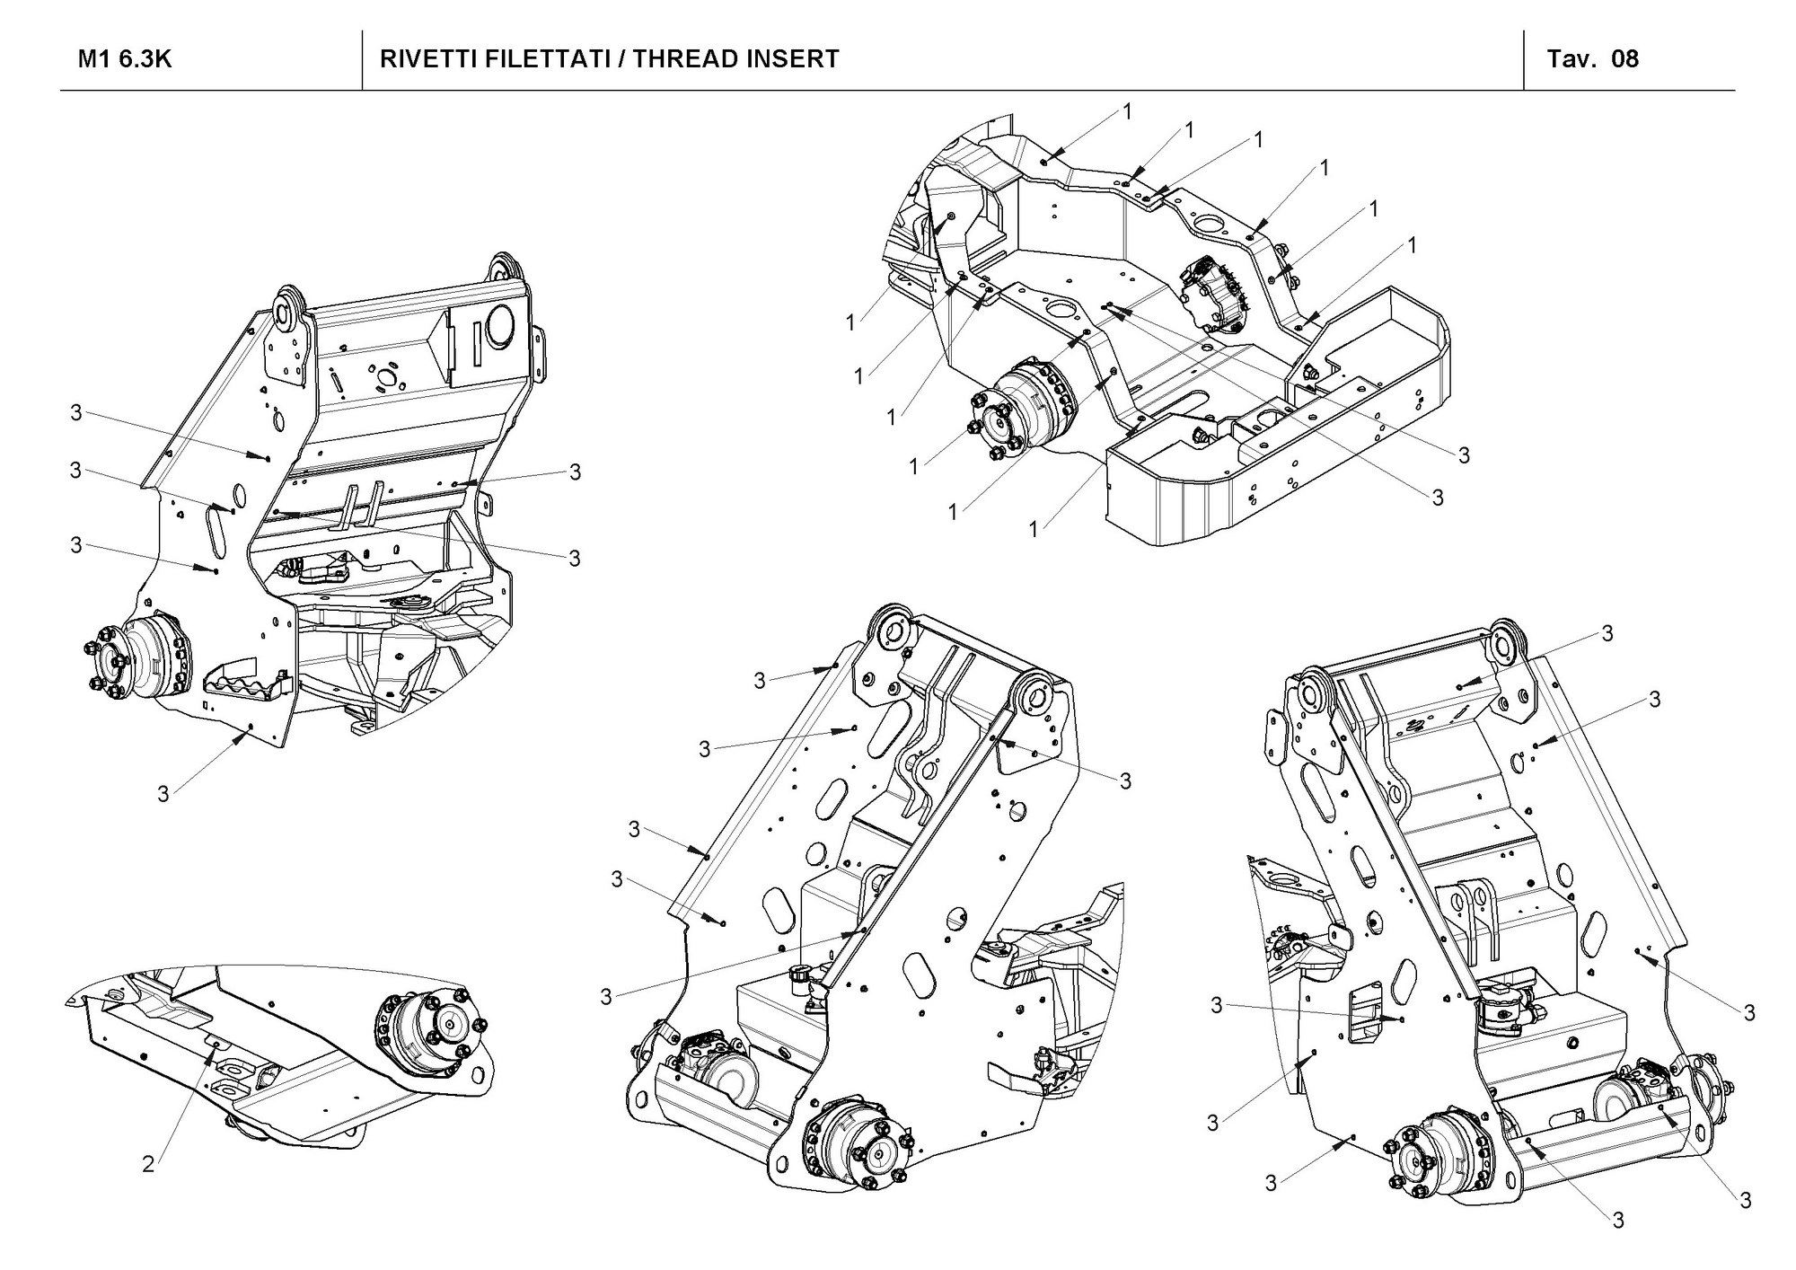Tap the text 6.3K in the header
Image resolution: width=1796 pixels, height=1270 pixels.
pyautogui.click(x=144, y=59)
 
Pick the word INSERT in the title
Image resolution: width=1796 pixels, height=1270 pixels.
pyautogui.click(x=795, y=59)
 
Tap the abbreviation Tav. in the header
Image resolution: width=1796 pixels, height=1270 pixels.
pyautogui.click(x=1570, y=59)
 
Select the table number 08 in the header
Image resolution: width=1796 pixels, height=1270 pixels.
pyautogui.click(x=1625, y=59)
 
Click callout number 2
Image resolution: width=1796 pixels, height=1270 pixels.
pyautogui.click(x=148, y=1165)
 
